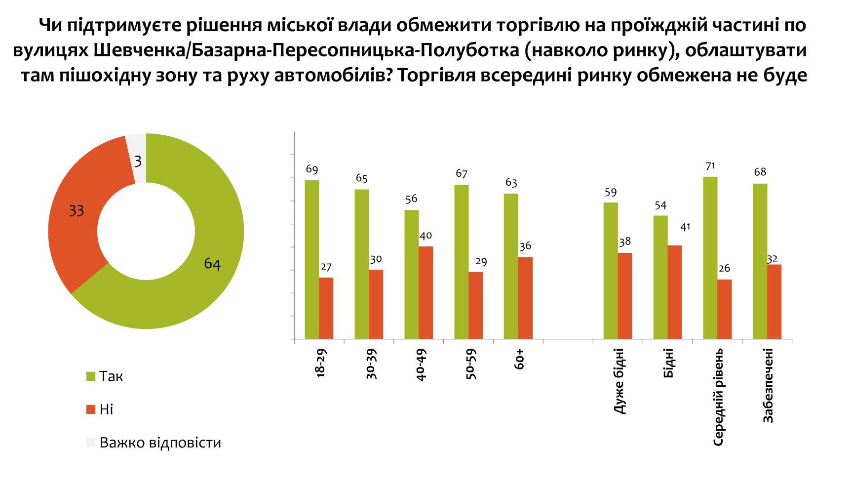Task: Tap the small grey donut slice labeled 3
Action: [x=138, y=158]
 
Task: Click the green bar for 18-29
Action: [x=312, y=259]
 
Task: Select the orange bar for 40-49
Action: [x=426, y=292]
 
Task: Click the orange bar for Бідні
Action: [x=675, y=292]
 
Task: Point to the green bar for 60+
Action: [x=511, y=266]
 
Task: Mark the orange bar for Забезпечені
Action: [x=774, y=302]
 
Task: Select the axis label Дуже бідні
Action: [x=620, y=380]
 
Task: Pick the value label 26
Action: [x=725, y=268]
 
